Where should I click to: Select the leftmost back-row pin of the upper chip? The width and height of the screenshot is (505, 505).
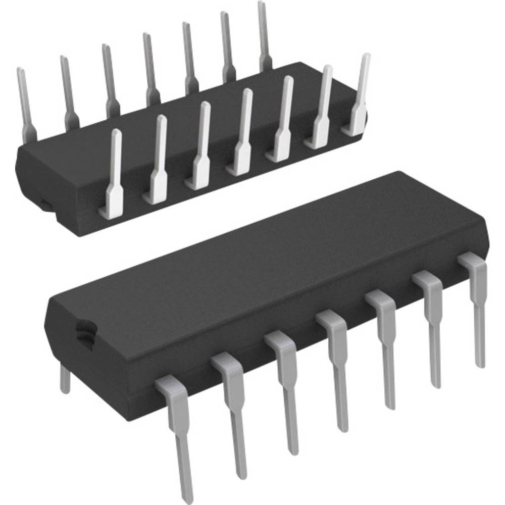click(x=25, y=101)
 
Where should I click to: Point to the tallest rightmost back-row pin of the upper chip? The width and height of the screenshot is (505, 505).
click(x=264, y=35)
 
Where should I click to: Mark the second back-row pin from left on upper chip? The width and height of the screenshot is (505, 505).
click(x=68, y=88)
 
